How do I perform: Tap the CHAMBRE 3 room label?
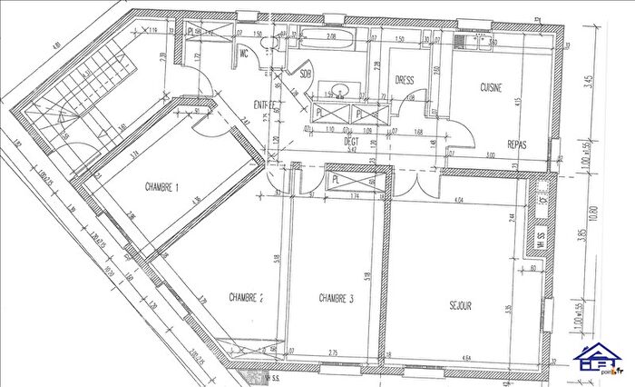[x=336, y=298]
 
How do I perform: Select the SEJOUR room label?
[x=459, y=306]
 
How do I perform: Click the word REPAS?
[x=518, y=144]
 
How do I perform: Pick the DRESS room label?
[x=405, y=80]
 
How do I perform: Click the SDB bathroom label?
[x=305, y=74]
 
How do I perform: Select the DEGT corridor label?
[x=352, y=141]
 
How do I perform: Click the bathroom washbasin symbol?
[x=340, y=89]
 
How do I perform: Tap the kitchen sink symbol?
[x=478, y=43]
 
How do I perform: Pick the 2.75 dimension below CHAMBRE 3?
[x=333, y=352]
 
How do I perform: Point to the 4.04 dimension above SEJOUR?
[x=459, y=199]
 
